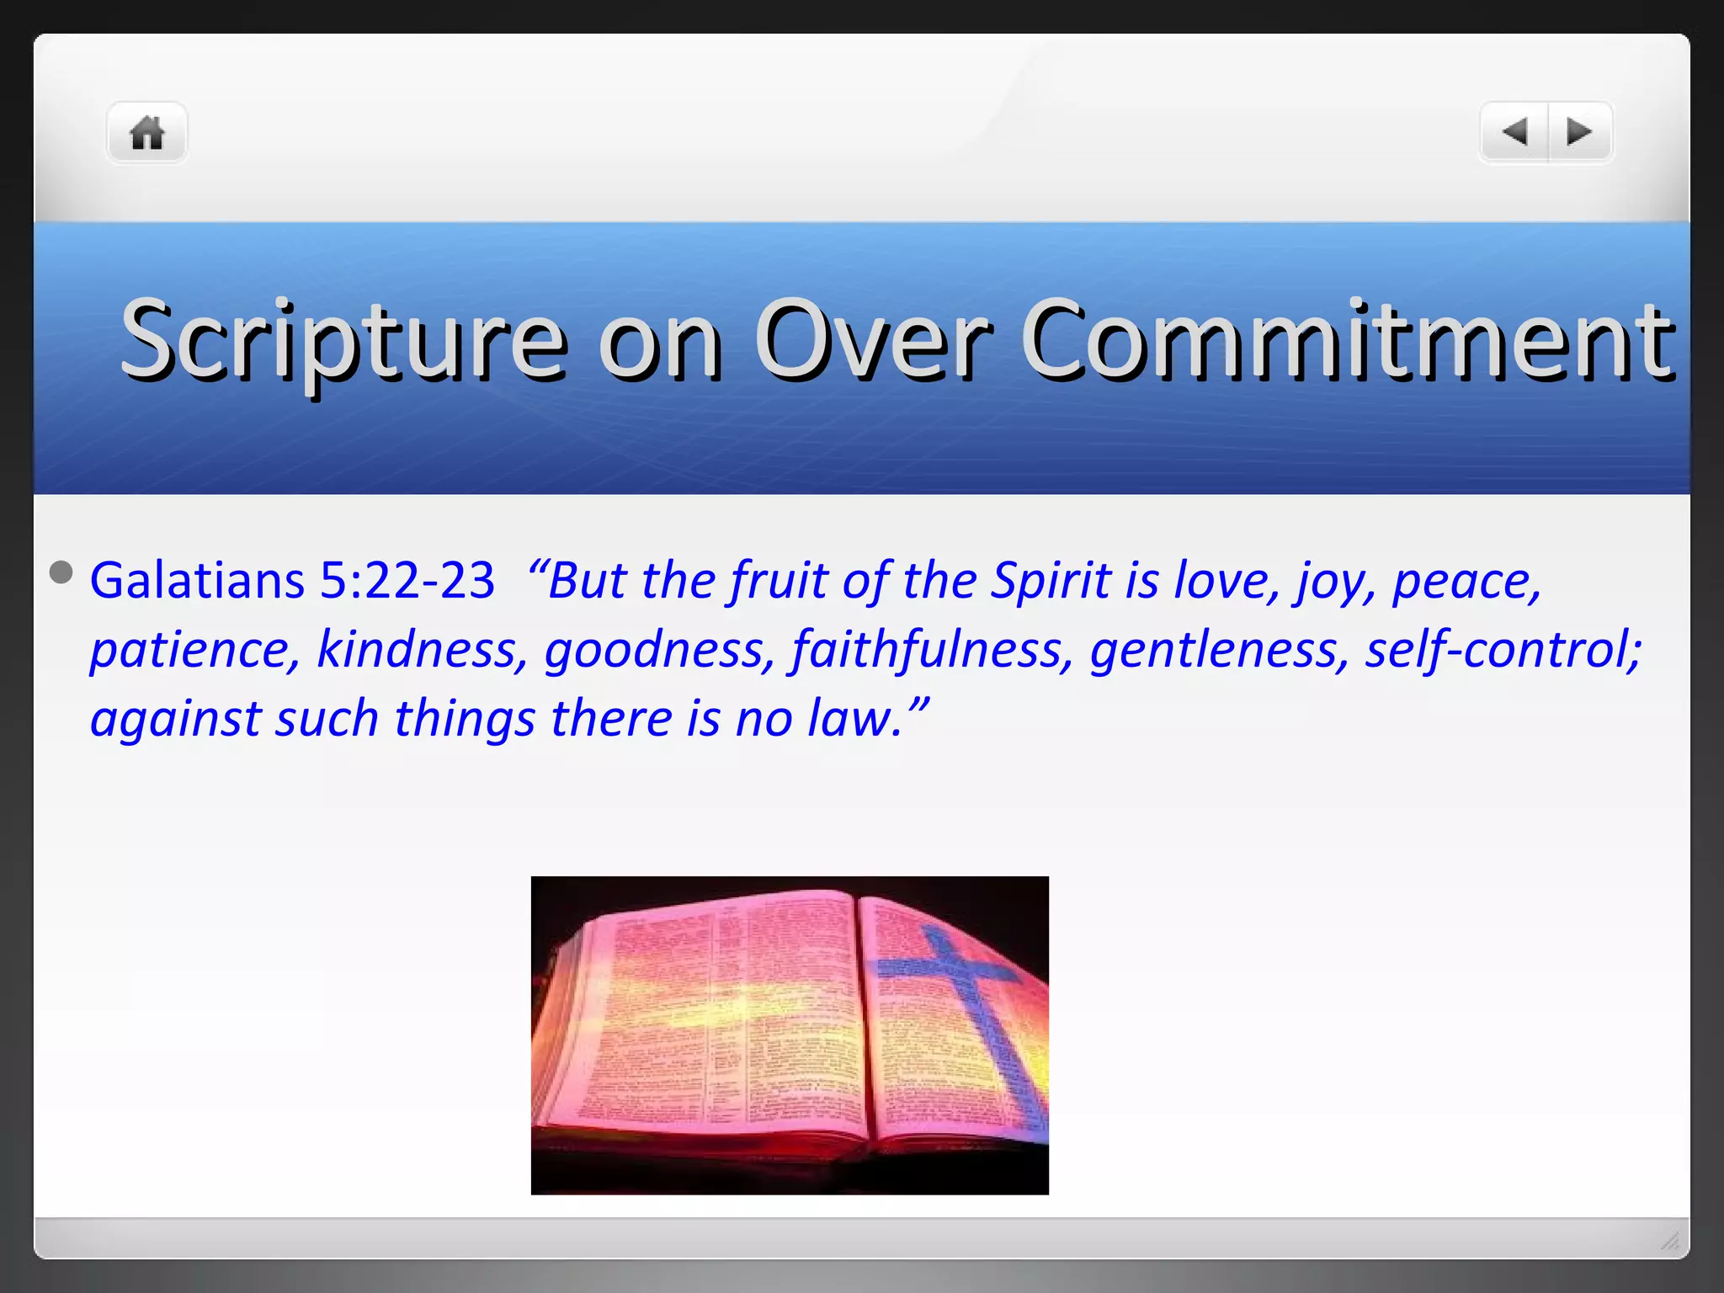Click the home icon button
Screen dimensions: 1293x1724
[146, 133]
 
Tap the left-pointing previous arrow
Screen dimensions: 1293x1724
[1514, 132]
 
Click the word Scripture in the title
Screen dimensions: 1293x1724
[343, 340]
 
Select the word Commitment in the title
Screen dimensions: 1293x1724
[1348, 340]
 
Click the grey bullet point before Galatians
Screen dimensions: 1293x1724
[61, 572]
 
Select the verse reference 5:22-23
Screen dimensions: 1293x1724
[407, 581]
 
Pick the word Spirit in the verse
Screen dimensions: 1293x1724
[1051, 581]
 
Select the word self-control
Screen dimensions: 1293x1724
[1503, 650]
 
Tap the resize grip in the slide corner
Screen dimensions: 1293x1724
[1670, 1240]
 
